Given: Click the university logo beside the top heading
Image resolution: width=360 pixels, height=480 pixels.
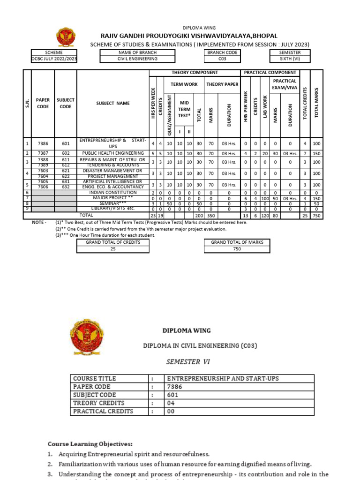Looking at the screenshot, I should pyautogui.click(x=65, y=37).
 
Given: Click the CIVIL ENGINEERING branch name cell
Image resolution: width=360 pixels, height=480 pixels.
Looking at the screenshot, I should pyautogui.click(x=138, y=59).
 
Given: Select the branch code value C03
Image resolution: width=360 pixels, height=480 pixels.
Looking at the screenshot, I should pyautogui.click(x=222, y=59).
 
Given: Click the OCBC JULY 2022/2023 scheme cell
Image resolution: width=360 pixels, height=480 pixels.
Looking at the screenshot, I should pyautogui.click(x=54, y=59).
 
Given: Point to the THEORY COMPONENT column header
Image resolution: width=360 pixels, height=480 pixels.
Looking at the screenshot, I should pyautogui.click(x=195, y=73).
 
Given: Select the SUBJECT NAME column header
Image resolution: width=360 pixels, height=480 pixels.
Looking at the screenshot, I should pyautogui.click(x=112, y=103).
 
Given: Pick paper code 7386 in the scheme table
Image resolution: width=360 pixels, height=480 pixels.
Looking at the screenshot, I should pyautogui.click(x=43, y=143).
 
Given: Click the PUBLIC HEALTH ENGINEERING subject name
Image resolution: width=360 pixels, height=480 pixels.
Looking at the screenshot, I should pyautogui.click(x=113, y=153).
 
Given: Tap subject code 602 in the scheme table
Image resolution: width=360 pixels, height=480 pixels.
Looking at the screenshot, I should pyautogui.click(x=66, y=153).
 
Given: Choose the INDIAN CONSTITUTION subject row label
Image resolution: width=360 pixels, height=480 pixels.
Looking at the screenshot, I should pyautogui.click(x=112, y=193).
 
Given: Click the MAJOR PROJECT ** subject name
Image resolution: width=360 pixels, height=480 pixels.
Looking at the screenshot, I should pyautogui.click(x=112, y=198).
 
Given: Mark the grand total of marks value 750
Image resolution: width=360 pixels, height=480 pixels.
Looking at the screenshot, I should pyautogui.click(x=237, y=249).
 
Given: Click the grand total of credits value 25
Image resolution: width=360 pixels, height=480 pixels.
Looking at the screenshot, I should pyautogui.click(x=112, y=249).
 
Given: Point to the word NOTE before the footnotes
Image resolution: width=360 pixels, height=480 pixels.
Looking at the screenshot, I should pyautogui.click(x=39, y=222).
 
